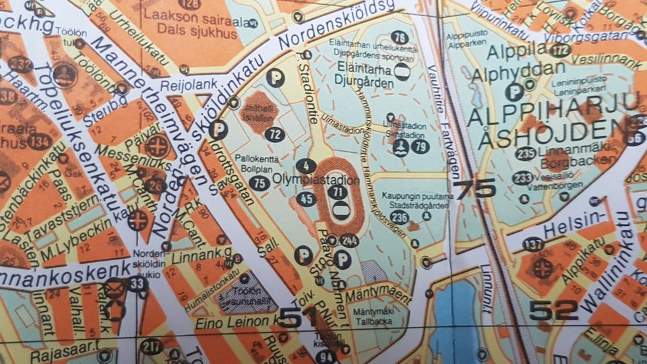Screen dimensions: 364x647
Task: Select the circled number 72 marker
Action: [x=274, y=134]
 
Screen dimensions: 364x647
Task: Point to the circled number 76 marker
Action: [x=400, y=38]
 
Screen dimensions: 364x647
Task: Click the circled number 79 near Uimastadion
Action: [x=420, y=146]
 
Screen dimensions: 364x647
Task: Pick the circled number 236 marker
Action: [x=399, y=217]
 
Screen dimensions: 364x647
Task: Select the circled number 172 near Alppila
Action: [x=559, y=50]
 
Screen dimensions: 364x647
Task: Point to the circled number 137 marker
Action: [x=533, y=245]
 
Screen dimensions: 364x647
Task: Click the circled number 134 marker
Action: [x=40, y=142]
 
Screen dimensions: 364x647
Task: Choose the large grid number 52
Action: [x=553, y=310]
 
